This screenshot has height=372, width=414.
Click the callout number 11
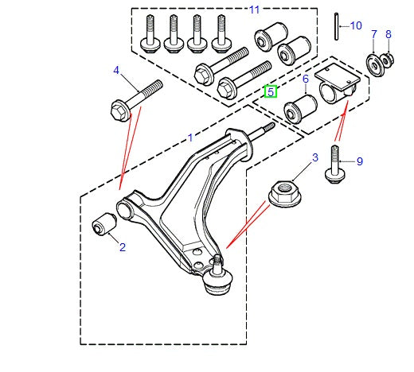pyautogui.click(x=254, y=10)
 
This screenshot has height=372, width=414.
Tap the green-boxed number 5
pyautogui.click(x=271, y=91)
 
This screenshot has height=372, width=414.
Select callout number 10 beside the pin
pyautogui.click(x=356, y=26)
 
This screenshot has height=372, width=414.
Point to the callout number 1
pyautogui.click(x=190, y=138)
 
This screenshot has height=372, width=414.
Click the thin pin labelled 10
pyautogui.click(x=337, y=26)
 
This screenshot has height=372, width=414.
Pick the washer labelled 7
pyautogui.click(x=375, y=65)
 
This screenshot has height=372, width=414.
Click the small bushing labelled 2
pyautogui.click(x=104, y=223)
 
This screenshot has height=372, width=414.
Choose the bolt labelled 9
pyautogui.click(x=335, y=165)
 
